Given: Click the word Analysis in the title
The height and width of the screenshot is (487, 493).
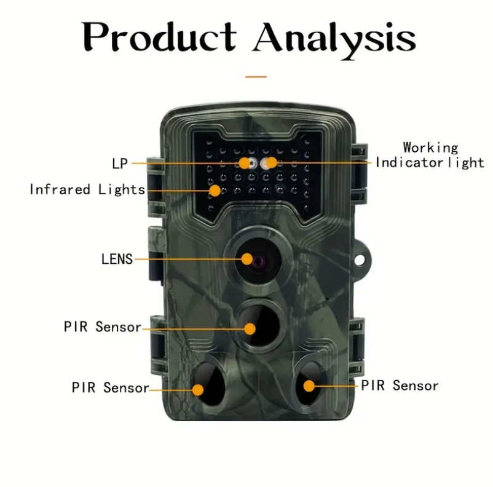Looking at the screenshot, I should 334,38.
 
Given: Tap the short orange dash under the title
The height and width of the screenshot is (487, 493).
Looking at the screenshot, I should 256,77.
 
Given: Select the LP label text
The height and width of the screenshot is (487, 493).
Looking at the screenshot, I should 120,164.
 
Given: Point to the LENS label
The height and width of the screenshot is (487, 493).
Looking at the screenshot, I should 117,259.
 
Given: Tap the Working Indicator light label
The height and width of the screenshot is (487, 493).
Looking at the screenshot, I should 430,156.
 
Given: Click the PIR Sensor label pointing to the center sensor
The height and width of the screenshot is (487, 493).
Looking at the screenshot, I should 103,327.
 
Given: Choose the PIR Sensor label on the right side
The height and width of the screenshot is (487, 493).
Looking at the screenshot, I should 400,386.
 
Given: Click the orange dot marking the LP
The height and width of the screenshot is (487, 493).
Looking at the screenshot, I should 245,163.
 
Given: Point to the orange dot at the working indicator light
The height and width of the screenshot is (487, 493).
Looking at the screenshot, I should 271,163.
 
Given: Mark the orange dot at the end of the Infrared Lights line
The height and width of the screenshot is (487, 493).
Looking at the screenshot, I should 215,190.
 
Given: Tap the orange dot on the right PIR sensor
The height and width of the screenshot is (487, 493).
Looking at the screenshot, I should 309,386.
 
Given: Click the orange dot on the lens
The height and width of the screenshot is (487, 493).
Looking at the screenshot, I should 247,259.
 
